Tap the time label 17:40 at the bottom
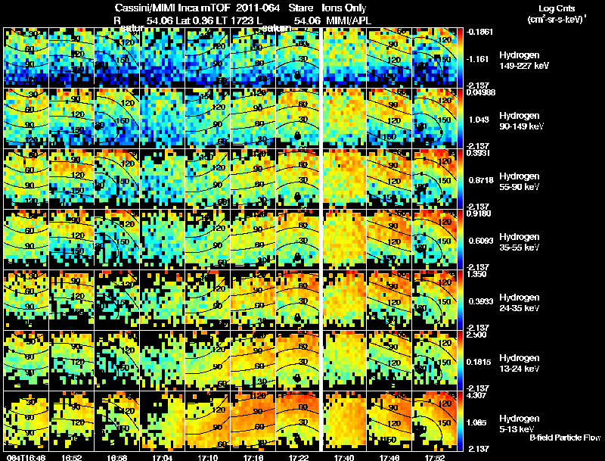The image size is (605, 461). pos(344,457)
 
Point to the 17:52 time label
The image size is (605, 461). pos(436,457)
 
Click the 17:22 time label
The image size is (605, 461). pos(299,457)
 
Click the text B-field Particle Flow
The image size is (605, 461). pos(565,438)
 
